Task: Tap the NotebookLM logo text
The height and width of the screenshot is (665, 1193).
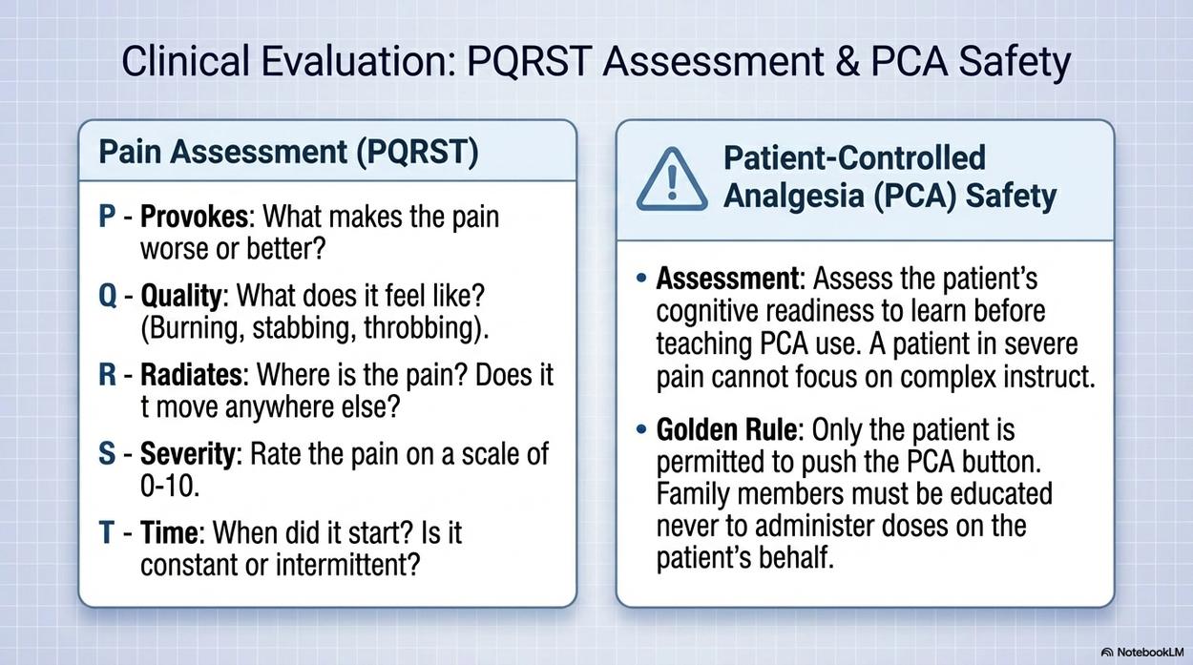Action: pyautogui.click(x=1148, y=653)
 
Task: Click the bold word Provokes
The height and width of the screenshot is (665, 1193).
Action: pyautogui.click(x=194, y=218)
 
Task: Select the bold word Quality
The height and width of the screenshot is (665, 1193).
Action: pyautogui.click(x=180, y=296)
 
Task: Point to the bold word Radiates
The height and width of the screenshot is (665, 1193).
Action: pyautogui.click(x=192, y=375)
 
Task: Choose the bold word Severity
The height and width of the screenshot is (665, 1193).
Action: pyautogui.click(x=187, y=454)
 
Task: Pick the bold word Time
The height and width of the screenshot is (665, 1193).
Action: pyautogui.click(x=169, y=532)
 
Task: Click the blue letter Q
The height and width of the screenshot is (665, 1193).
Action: pyautogui.click(x=108, y=296)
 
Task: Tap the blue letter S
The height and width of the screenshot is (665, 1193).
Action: pyautogui.click(x=107, y=454)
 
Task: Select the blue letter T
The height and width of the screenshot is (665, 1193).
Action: pyautogui.click(x=107, y=532)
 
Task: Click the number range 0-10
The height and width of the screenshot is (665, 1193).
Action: pyautogui.click(x=169, y=486)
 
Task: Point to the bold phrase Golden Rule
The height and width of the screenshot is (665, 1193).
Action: pyautogui.click(x=727, y=429)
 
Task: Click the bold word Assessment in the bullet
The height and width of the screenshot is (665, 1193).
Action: pyautogui.click(x=727, y=279)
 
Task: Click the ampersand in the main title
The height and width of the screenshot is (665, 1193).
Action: pyautogui.click(x=848, y=61)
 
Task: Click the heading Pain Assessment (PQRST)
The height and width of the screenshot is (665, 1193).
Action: pyautogui.click(x=288, y=152)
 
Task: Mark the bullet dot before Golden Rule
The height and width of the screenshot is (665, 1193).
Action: pyautogui.click(x=642, y=428)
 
